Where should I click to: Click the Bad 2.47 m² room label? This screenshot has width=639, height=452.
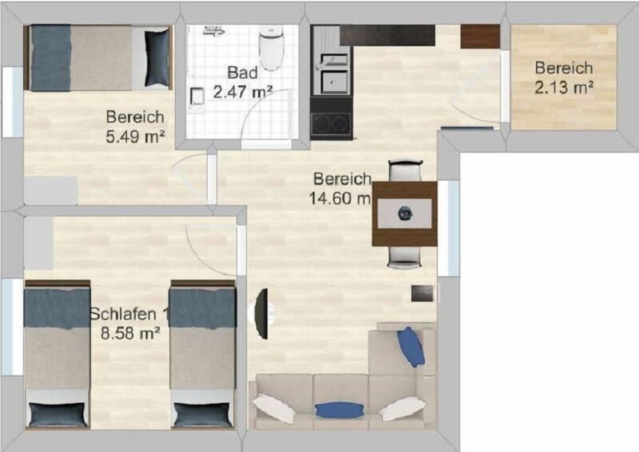coord(242,82)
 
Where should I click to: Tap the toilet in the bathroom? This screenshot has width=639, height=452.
coord(271,47)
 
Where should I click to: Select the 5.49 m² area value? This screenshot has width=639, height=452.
coord(135,137)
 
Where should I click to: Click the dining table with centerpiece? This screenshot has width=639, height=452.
coord(404,214)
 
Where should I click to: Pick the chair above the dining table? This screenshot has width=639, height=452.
coord(405,170)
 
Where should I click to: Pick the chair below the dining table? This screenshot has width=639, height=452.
coord(404,257)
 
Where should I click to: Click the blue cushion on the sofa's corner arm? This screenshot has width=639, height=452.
coord(411,346)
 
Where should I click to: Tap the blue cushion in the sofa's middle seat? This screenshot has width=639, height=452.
coord(335,409)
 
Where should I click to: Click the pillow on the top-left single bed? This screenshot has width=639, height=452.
coord(157,58)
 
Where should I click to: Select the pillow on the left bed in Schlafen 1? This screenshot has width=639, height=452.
coord(57,414)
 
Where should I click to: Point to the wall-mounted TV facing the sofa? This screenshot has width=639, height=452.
coord(263,312)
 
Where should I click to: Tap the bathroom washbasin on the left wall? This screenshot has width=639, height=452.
coord(196,97)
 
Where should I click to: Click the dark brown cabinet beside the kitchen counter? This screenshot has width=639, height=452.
coord(480,36)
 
